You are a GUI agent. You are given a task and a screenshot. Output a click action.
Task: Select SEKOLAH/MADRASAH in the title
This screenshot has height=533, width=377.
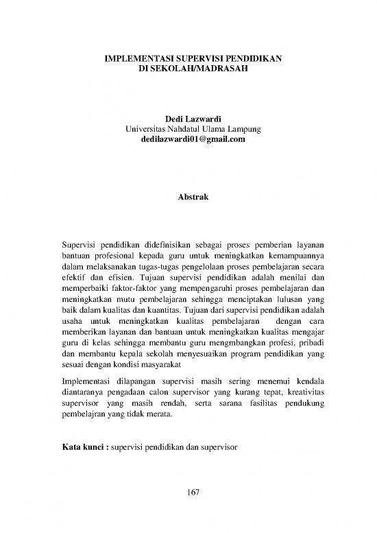coord(199,70)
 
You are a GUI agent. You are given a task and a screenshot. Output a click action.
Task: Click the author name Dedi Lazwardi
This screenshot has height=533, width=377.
coord(188,119)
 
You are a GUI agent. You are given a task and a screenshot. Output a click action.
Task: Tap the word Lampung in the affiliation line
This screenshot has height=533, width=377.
coord(236,129)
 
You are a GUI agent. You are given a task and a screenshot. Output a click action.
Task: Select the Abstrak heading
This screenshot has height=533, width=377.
coord(188,198)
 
